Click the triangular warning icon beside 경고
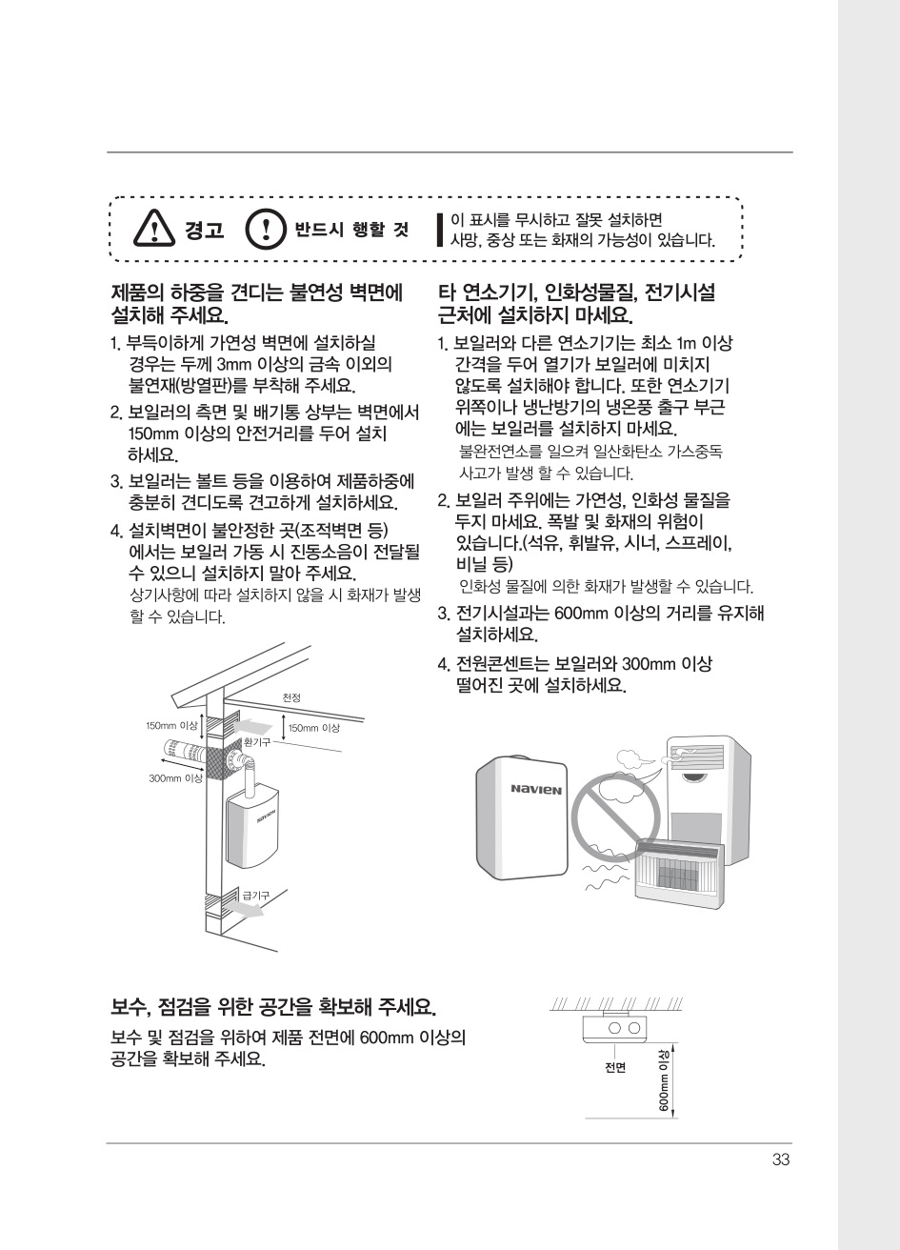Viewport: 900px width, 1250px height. [x=153, y=229]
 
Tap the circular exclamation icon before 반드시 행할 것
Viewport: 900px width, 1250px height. [x=266, y=229]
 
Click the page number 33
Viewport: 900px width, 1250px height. [x=781, y=1159]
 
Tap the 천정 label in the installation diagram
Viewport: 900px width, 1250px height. [x=291, y=697]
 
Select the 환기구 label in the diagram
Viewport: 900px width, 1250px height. [x=256, y=741]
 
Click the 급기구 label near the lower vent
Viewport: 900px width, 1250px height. [x=255, y=895]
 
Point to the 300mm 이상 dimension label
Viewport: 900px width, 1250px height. [x=175, y=778]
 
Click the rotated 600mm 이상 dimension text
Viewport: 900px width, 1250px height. [x=664, y=1080]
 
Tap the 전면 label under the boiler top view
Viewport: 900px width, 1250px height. [x=615, y=1067]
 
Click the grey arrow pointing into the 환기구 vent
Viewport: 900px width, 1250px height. [x=254, y=727]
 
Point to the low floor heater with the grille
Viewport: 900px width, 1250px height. [x=680, y=874]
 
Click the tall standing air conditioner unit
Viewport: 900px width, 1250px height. [x=709, y=798]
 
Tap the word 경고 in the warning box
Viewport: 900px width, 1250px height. [x=204, y=230]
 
